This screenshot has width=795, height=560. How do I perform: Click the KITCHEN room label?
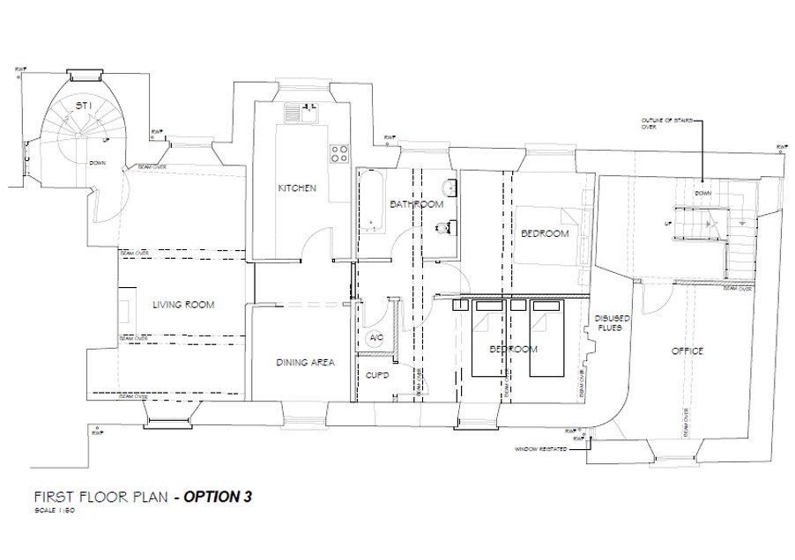[297, 188]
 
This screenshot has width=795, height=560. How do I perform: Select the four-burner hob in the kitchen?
[339, 154]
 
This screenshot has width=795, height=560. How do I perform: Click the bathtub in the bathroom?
[370, 200]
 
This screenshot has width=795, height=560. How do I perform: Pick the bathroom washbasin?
[450, 188]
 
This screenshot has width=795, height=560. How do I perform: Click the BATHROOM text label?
[416, 204]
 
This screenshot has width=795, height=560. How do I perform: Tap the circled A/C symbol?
[374, 338]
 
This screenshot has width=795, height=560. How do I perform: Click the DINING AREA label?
[304, 362]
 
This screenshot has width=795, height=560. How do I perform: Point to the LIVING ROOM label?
[183, 305]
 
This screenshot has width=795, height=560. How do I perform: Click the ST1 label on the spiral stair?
[84, 106]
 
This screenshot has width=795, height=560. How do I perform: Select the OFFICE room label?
[687, 351]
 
